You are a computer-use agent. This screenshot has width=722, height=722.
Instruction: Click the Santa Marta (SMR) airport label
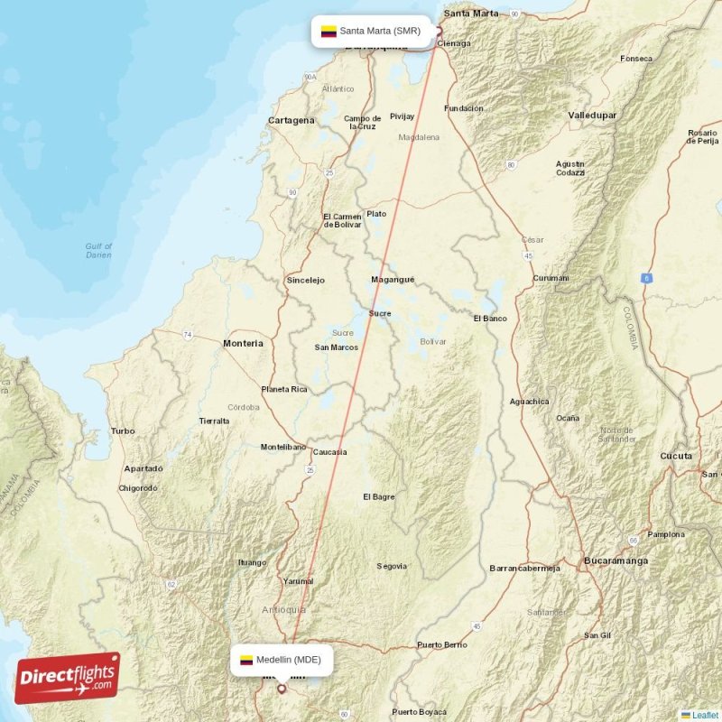(x=371, y=31)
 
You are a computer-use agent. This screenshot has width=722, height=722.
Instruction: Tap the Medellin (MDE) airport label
(x=282, y=660)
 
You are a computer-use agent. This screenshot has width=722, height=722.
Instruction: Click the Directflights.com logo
(x=68, y=678)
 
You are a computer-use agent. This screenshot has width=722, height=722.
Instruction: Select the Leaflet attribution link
(x=704, y=715)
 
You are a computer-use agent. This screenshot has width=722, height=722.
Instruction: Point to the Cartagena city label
(x=292, y=120)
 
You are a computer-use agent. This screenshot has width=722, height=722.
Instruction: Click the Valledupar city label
(x=592, y=116)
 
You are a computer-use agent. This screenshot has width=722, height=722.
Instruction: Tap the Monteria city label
(x=243, y=343)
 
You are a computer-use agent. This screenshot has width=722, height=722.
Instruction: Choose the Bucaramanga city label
(x=616, y=560)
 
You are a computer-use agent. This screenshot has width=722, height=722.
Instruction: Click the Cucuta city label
(x=676, y=456)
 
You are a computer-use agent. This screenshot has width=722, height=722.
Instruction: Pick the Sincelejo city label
(x=305, y=280)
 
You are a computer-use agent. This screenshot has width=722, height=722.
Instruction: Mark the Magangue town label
(x=393, y=280)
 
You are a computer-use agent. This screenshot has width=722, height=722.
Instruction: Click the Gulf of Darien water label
(x=98, y=250)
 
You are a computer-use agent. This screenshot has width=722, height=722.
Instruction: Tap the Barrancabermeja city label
(x=524, y=568)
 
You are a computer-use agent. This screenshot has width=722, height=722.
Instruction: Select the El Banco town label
(x=490, y=319)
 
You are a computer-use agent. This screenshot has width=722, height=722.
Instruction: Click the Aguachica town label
(x=529, y=401)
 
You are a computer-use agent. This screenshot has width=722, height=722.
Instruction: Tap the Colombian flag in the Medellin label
(x=245, y=660)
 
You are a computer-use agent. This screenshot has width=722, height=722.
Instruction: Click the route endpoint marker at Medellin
(x=281, y=689)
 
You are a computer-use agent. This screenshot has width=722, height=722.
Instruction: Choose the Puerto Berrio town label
(x=442, y=645)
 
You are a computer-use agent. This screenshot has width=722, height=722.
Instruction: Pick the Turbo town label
(x=123, y=431)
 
